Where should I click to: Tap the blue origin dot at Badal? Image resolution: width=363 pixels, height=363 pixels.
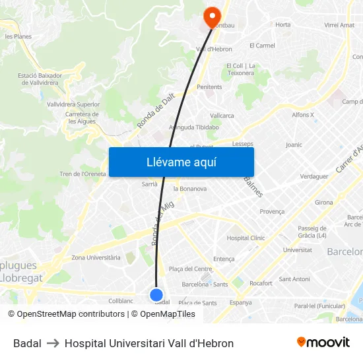156,294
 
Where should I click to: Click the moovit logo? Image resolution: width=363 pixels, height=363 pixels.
323,343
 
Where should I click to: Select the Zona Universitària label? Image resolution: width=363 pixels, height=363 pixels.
96,257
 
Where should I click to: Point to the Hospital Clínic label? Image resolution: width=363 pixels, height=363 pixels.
246,238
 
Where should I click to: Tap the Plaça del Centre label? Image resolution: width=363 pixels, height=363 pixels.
191,269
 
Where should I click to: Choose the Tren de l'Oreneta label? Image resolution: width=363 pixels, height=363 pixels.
83,174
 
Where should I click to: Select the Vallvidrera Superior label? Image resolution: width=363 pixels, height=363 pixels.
73,104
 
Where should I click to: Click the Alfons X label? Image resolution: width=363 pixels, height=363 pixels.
303,115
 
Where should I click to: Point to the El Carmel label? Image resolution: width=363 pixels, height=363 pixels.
262,46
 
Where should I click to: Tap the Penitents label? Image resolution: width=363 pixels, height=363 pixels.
209,86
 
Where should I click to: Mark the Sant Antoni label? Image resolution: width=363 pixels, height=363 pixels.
294,279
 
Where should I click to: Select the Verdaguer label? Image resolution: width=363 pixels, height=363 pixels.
314,177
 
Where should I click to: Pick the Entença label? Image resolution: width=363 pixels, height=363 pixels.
224,259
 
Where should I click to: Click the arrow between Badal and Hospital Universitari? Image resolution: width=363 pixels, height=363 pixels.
53,343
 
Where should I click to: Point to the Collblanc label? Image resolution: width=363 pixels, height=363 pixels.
121,300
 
